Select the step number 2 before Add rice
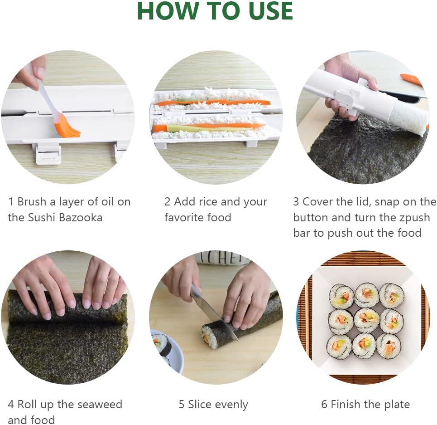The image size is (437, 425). [x=167, y=202]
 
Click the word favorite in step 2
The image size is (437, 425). [x=183, y=217]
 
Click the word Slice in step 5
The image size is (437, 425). [x=200, y=404]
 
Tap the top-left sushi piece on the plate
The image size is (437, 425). [x=341, y=296]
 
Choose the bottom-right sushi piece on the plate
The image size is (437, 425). [x=389, y=346]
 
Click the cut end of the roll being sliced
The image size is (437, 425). [x=210, y=337]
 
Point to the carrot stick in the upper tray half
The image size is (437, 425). [x=212, y=102]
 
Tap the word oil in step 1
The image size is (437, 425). [x=108, y=202]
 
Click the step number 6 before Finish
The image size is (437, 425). [x=324, y=404]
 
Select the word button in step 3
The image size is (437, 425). [x=310, y=217]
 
